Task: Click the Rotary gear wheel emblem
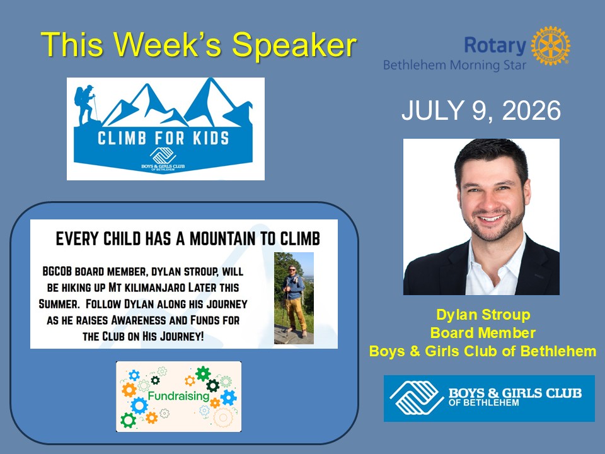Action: (550, 45)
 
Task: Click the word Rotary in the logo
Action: (495, 45)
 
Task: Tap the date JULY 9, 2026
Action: (481, 110)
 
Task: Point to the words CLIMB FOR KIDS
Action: (163, 138)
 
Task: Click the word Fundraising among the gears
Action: (178, 396)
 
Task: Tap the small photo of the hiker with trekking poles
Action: (294, 298)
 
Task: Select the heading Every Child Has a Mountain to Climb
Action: (188, 239)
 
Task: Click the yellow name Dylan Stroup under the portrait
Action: (483, 315)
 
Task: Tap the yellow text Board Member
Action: (483, 333)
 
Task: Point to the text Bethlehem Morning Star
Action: (454, 65)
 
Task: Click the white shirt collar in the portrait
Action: (496, 266)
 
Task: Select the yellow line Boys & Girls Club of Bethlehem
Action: (483, 351)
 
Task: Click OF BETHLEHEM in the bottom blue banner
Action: (483, 403)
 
